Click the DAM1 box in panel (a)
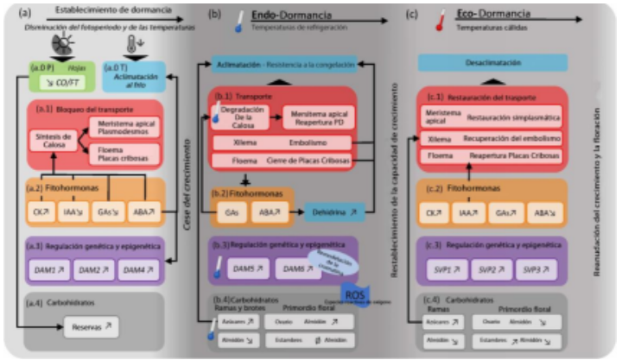click(47, 270)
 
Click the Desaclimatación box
click(492, 63)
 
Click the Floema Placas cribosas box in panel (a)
click(123, 154)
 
